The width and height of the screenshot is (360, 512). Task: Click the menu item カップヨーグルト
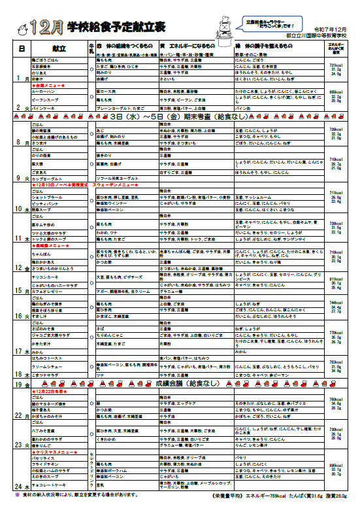point(49,178)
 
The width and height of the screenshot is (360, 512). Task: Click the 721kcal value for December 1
point(337,66)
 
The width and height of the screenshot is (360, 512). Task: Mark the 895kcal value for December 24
point(337,465)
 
